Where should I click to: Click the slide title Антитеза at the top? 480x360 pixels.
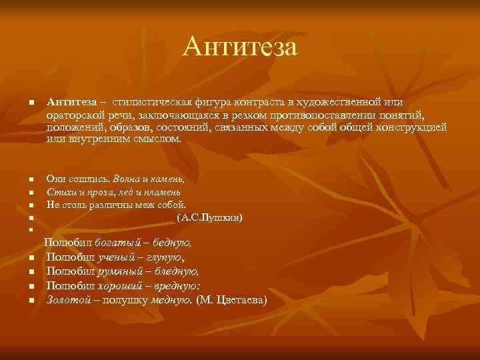pyautogui.click(x=240, y=46)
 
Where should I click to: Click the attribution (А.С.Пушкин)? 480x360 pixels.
pyautogui.click(x=209, y=217)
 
